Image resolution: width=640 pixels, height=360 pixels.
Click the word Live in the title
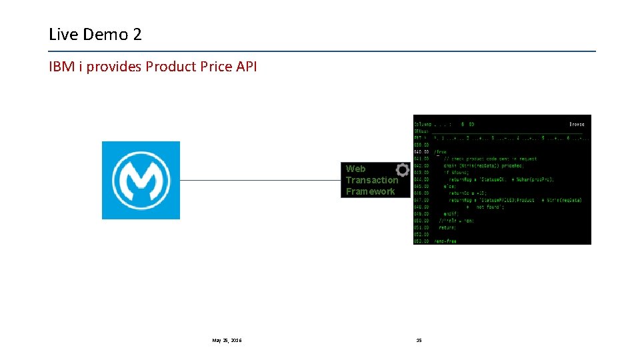coord(62,35)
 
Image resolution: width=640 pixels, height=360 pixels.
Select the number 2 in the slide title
coord(137,35)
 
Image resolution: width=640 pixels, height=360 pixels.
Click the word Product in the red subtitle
coord(171,67)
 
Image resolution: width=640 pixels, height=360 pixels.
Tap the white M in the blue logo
coord(141,180)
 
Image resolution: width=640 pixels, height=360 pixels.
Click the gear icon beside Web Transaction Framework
coord(403,169)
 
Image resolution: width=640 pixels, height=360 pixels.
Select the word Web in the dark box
coord(355,169)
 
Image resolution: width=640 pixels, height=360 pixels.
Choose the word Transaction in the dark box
coord(371,180)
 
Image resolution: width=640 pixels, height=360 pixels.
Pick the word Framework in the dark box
coord(370,191)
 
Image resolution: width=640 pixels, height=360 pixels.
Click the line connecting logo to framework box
coord(260,180)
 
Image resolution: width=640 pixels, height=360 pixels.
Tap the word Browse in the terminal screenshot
coord(577,124)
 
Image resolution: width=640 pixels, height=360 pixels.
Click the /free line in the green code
coord(441,152)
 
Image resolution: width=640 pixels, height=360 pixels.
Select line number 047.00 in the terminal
coord(421,200)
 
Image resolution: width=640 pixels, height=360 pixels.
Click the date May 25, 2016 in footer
coord(227,340)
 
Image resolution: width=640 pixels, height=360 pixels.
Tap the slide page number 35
coord(419,340)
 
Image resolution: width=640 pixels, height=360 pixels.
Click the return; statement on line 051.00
coord(447,227)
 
